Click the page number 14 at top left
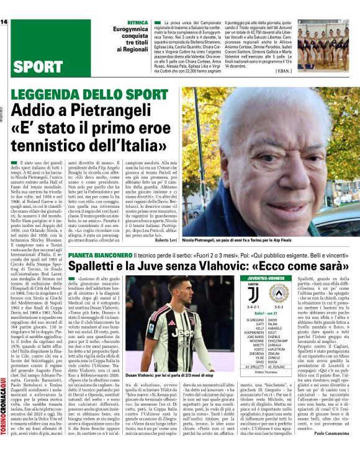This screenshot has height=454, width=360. (x=5, y=22)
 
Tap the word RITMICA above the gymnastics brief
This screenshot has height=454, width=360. (x=137, y=22)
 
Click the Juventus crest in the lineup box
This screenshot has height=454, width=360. (x=253, y=294)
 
